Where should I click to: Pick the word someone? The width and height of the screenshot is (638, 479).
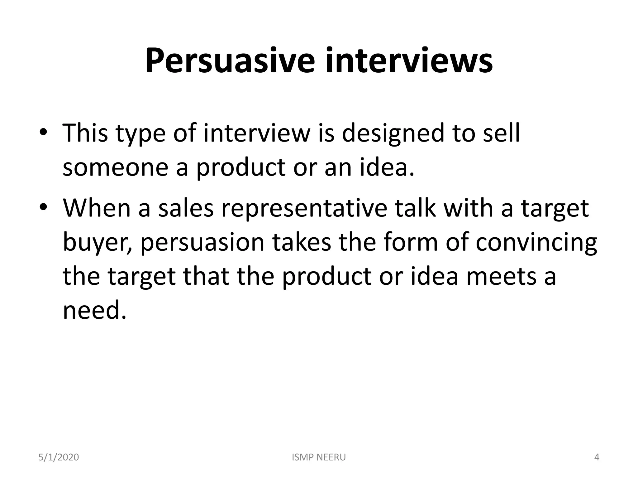point(115,167)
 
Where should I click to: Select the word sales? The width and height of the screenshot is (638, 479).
point(186,208)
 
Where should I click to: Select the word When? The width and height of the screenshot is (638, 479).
point(96,208)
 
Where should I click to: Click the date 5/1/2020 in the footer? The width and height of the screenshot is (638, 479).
point(59,457)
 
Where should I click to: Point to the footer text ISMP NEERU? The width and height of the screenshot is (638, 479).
point(319,457)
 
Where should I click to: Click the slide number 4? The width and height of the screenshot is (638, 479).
point(597,457)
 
